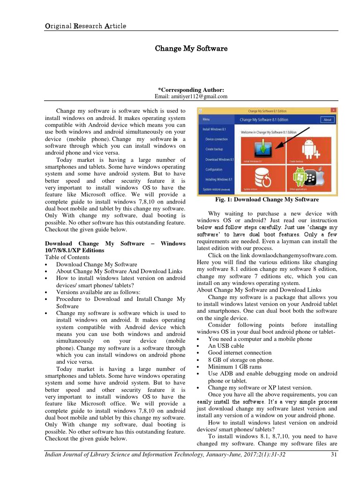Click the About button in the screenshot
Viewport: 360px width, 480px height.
coord(327,120)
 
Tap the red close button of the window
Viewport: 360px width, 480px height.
coord(333,111)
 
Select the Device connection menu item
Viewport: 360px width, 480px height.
coord(216,139)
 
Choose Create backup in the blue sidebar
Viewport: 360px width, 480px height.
coord(215,149)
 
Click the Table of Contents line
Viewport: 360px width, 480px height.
coord(68,257)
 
